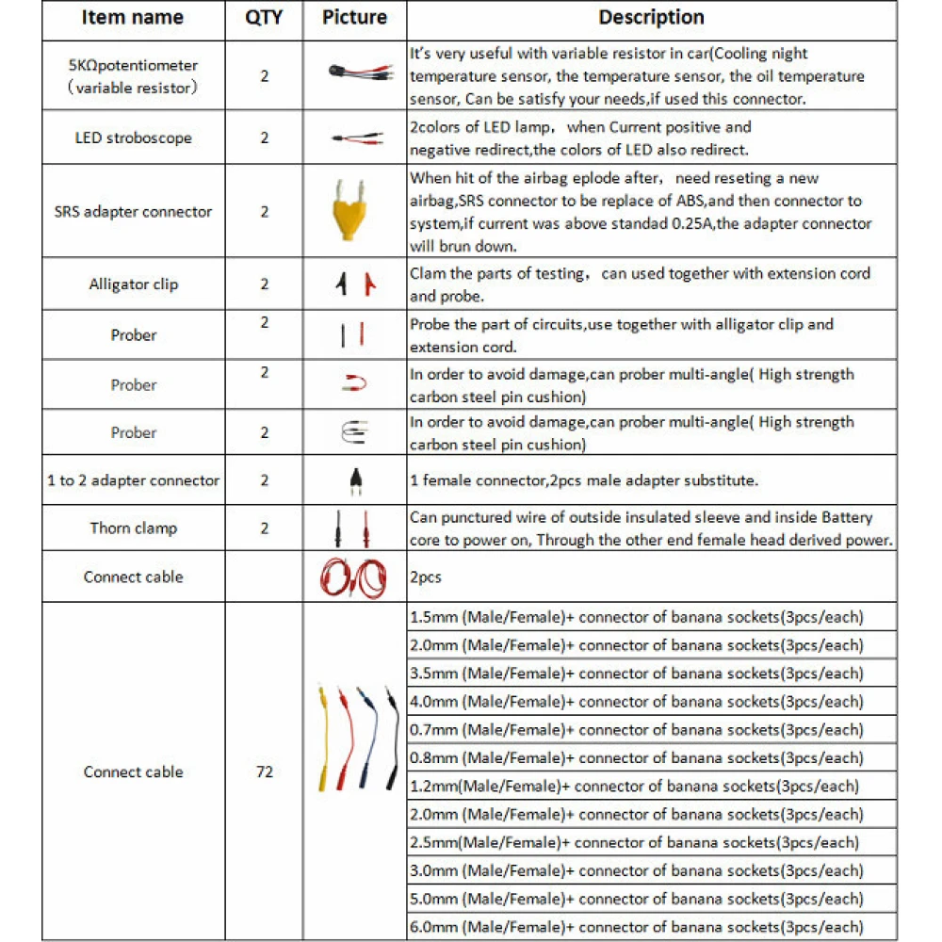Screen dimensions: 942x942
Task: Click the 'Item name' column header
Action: coord(134,17)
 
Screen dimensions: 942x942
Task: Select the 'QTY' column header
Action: coord(264,17)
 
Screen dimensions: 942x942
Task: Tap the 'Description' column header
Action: coord(651,17)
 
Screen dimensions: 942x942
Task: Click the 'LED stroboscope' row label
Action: coord(134,138)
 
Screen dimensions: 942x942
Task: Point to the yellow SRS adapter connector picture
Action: coord(354,212)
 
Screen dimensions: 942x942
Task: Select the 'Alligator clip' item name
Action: coord(134,284)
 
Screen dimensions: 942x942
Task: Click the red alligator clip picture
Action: coord(370,284)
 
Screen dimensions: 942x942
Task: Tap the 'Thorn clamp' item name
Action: coord(134,528)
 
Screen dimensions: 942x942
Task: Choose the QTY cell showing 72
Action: coord(264,771)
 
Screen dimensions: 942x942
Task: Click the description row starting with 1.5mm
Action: coord(636,617)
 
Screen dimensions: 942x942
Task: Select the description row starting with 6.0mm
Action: coord(636,927)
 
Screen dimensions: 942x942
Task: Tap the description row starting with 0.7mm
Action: coord(636,730)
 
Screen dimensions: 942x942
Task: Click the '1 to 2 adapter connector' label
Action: coord(134,480)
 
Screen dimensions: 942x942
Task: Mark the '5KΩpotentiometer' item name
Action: coord(134,66)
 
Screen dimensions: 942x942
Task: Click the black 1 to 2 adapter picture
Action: coord(354,480)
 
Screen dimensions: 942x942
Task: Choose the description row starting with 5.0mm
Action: coord(636,899)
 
